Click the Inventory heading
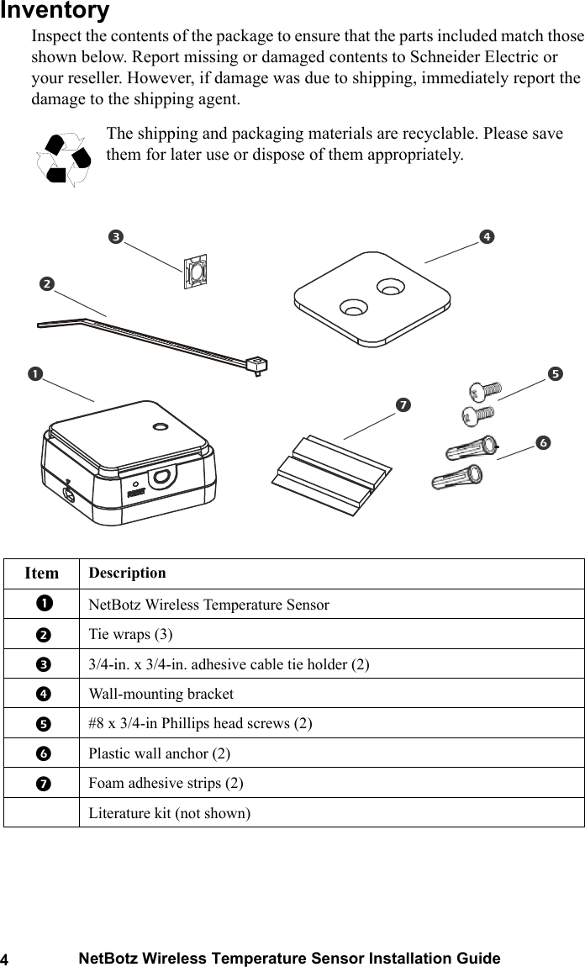[55, 11]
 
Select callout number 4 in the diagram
[486, 237]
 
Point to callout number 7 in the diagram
[403, 405]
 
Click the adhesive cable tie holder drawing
[195, 272]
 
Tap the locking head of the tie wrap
[256, 363]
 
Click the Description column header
[127, 573]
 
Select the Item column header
[42, 573]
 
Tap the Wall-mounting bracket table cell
[161, 694]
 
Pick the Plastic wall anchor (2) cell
[159, 753]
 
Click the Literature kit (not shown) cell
[169, 812]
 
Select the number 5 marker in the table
[41, 723]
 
